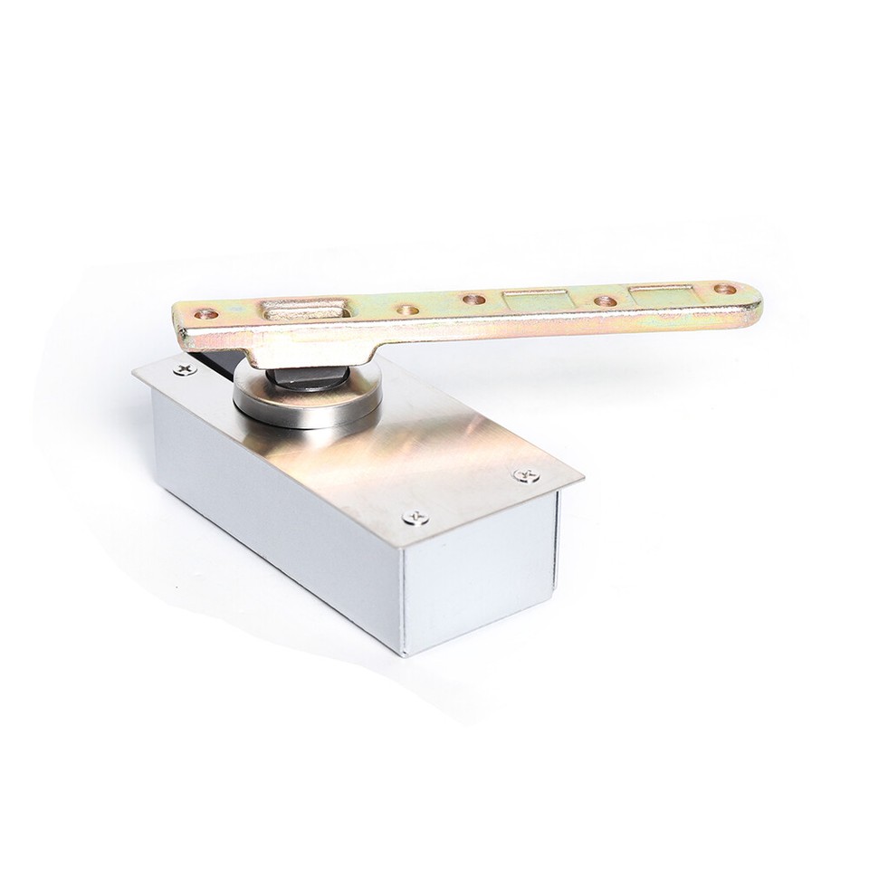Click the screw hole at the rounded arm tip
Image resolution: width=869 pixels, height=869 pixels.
724,290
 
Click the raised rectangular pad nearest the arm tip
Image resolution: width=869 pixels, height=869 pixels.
661,293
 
